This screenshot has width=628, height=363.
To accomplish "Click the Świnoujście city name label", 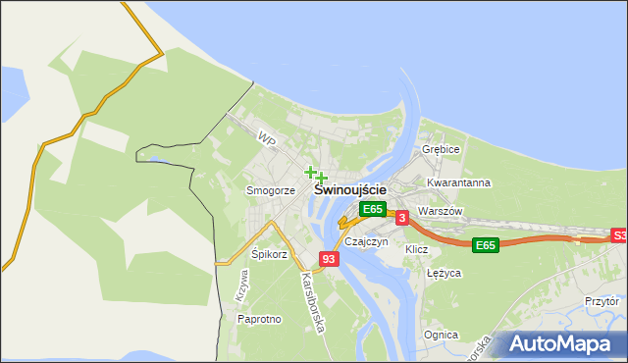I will pyautogui.click(x=350, y=190).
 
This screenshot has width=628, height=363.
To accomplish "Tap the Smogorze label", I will pyautogui.click(x=271, y=190).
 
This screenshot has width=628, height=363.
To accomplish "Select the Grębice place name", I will pyautogui.click(x=441, y=149).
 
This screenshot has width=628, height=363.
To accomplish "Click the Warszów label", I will pyautogui.click(x=439, y=211).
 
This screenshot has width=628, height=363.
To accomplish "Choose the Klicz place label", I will pyautogui.click(x=417, y=249).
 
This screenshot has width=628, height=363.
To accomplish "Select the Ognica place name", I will pyautogui.click(x=441, y=335).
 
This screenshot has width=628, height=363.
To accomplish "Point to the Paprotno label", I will pyautogui.click(x=259, y=319).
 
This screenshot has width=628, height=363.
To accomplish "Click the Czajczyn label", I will pyautogui.click(x=367, y=241).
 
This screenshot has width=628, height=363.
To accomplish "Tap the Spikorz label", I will pyautogui.click(x=269, y=254).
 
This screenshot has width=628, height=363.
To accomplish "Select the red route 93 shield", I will pyautogui.click(x=329, y=259).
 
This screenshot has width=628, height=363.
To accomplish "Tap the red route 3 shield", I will pyautogui.click(x=402, y=218).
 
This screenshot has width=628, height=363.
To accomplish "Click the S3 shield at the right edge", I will pyautogui.click(x=619, y=235).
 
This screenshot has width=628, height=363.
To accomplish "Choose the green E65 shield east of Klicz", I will pyautogui.click(x=485, y=244).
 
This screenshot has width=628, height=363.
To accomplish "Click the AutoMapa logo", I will pyautogui.click(x=560, y=344).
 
